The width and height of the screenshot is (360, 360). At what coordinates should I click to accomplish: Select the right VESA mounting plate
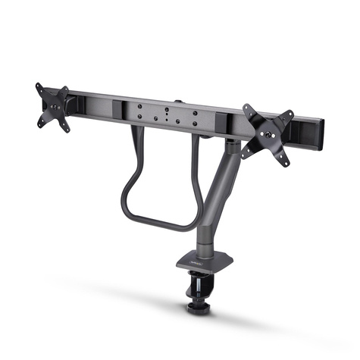point(268,133)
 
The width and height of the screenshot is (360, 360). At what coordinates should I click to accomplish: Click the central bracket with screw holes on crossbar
point(167,114)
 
